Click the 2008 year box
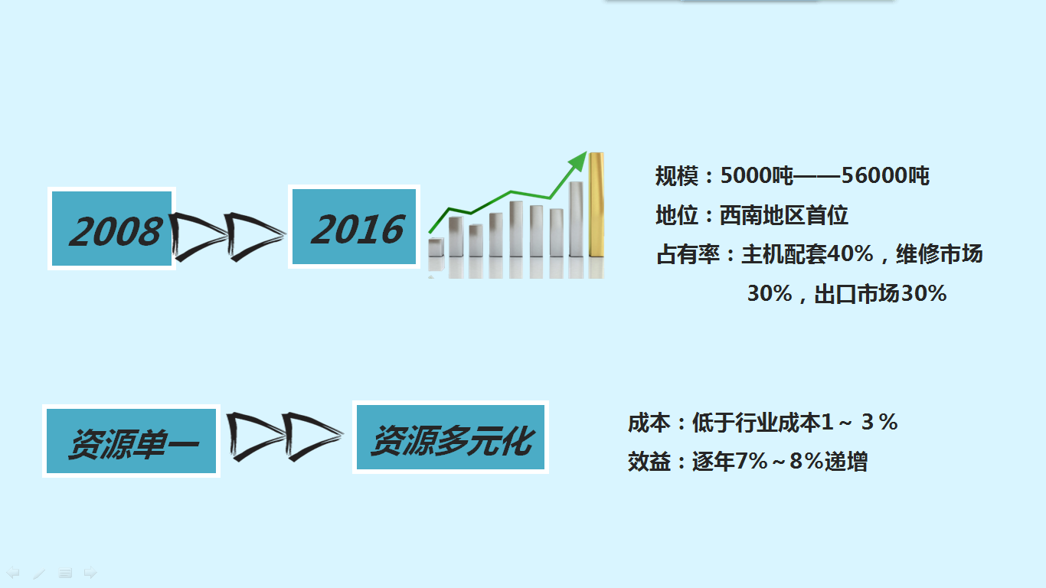(x=112, y=228)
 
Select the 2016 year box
(x=354, y=227)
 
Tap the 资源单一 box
(x=131, y=441)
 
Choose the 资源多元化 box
(x=450, y=437)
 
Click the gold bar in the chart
(x=597, y=204)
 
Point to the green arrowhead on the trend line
(x=578, y=161)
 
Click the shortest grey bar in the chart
(x=436, y=247)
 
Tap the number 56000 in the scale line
(x=874, y=175)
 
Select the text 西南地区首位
(x=783, y=215)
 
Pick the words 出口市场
(x=857, y=294)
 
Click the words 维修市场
(x=939, y=254)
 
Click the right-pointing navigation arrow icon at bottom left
(x=90, y=572)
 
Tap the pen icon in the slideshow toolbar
(x=39, y=573)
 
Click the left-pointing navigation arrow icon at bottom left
(x=12, y=572)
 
